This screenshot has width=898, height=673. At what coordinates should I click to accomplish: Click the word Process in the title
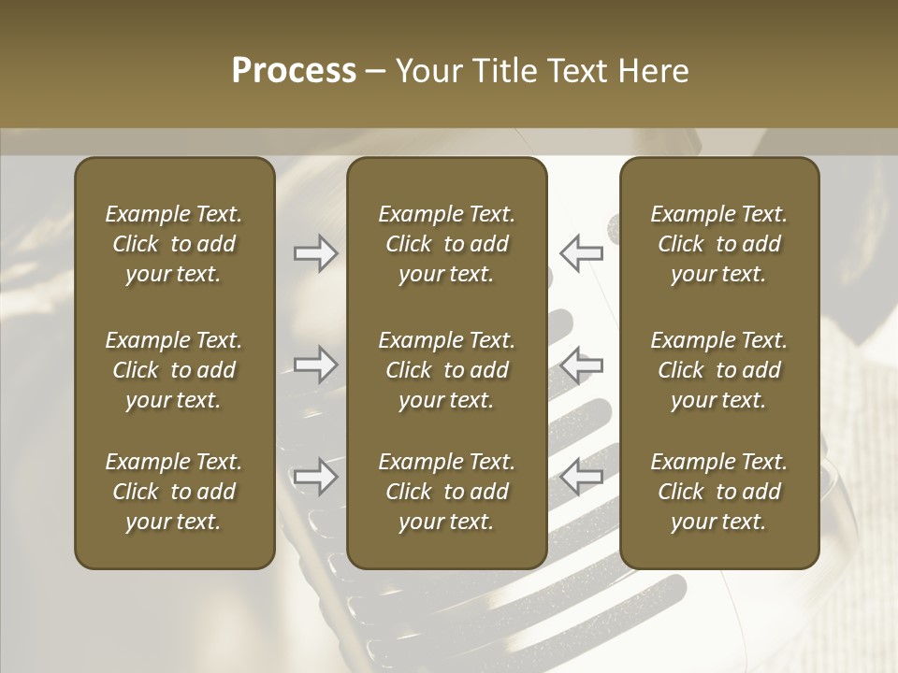pos(294,71)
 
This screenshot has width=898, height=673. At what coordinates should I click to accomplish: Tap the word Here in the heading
pos(654,71)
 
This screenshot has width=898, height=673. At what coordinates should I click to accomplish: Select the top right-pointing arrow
pos(315,252)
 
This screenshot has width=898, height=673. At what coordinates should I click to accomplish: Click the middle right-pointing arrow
pos(315,365)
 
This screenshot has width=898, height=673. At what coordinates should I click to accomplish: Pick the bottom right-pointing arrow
pos(315,477)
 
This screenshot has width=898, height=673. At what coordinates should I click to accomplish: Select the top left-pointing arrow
pos(582,252)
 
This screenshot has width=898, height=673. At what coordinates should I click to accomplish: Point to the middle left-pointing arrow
pos(582,365)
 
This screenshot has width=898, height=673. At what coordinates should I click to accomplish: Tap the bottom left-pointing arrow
pos(582,477)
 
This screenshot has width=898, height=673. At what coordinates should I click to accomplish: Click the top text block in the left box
pos(174,244)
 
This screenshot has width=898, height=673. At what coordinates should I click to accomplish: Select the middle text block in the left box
pos(174,370)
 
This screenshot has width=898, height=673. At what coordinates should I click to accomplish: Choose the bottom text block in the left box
pos(174,492)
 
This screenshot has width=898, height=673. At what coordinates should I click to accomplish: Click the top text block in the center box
pos(447,244)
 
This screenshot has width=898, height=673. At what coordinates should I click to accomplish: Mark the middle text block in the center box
pos(447,370)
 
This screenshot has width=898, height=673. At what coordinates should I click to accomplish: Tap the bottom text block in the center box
pos(447,492)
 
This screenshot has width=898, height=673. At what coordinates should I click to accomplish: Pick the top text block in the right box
pos(719,244)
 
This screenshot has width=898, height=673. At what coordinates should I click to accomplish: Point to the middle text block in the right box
pos(719,370)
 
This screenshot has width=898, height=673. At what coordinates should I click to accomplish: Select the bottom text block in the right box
pos(719,492)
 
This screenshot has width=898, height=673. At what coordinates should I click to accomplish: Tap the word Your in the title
pos(427,71)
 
